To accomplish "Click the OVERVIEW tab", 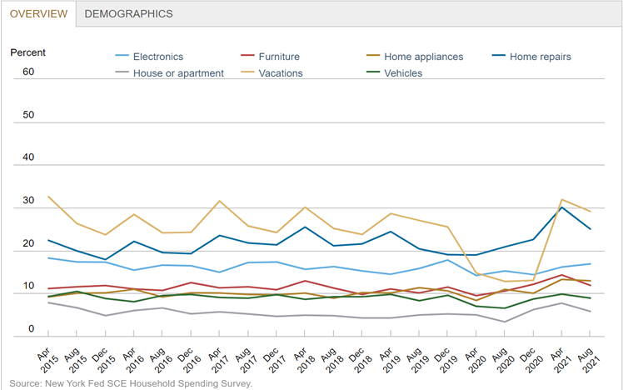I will pyautogui.click(x=38, y=13).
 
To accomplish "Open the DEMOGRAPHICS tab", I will pyautogui.click(x=128, y=13).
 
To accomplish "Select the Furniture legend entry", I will pyautogui.click(x=278, y=57).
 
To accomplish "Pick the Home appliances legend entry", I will pyautogui.click(x=423, y=57).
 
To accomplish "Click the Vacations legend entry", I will pyautogui.click(x=282, y=72).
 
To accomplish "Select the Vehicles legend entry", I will pyautogui.click(x=403, y=72).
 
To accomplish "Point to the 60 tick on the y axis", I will pyautogui.click(x=28, y=72).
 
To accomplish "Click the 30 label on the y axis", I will pyautogui.click(x=28, y=201).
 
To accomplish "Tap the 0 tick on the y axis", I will pyautogui.click(x=31, y=330).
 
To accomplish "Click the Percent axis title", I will pyautogui.click(x=27, y=52).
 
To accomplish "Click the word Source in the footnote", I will pyautogui.click(x=25, y=383).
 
